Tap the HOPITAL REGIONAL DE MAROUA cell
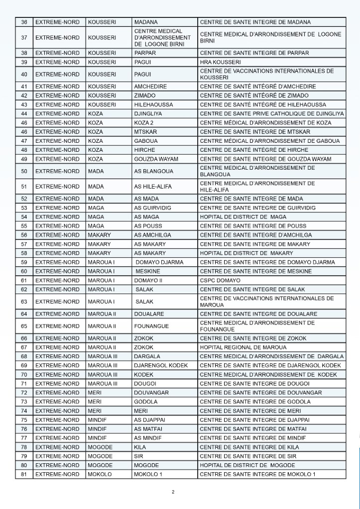click(243, 347)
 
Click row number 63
click(23, 302)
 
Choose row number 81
click(23, 474)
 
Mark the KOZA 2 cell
click(144, 122)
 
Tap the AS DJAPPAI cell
click(150, 419)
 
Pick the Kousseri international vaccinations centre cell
click(266, 74)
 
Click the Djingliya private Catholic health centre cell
click(271, 113)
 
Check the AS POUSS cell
click(147, 225)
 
